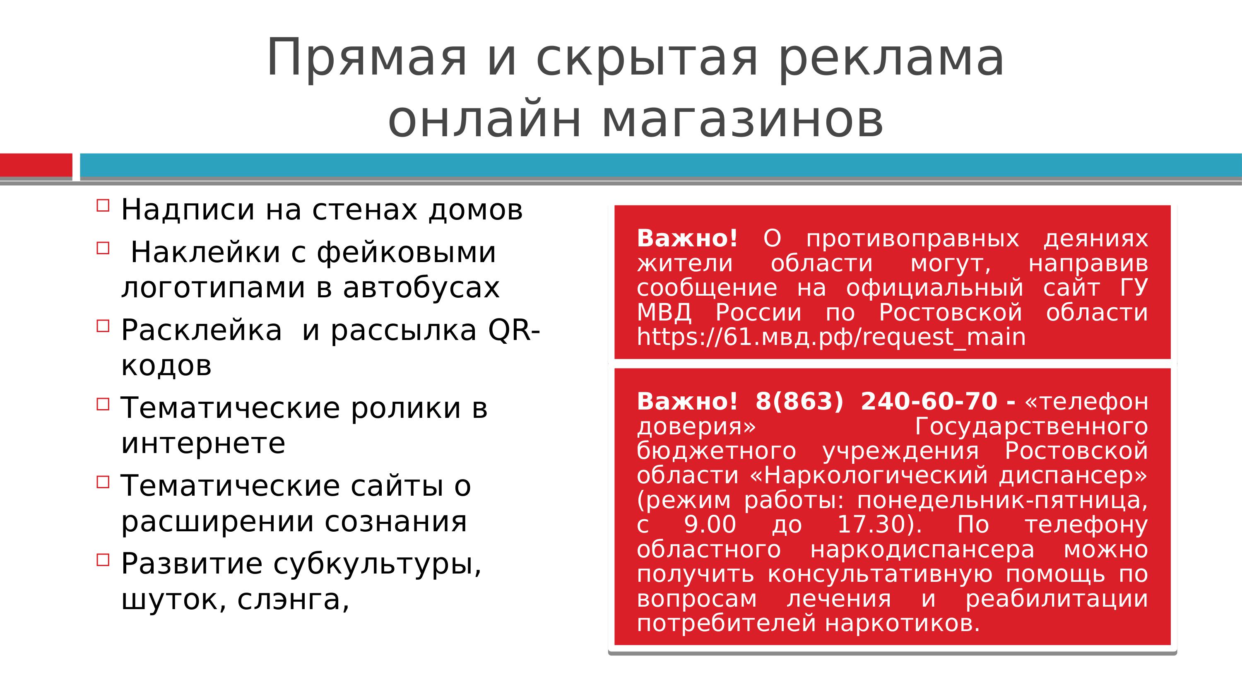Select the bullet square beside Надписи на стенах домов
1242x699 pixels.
pyautogui.click(x=103, y=205)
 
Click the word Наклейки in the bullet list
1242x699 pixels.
pyautogui.click(x=205, y=252)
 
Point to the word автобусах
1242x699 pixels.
pyautogui.click(x=421, y=287)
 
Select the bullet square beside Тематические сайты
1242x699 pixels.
pyautogui.click(x=103, y=482)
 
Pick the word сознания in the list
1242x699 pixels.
pyautogui.click(x=396, y=521)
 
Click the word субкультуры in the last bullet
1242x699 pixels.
pyautogui.click(x=377, y=564)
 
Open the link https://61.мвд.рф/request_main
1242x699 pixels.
pyautogui.click(x=831, y=337)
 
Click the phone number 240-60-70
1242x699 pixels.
pyautogui.click(x=929, y=401)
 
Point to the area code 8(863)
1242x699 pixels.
pyautogui.click(x=799, y=401)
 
